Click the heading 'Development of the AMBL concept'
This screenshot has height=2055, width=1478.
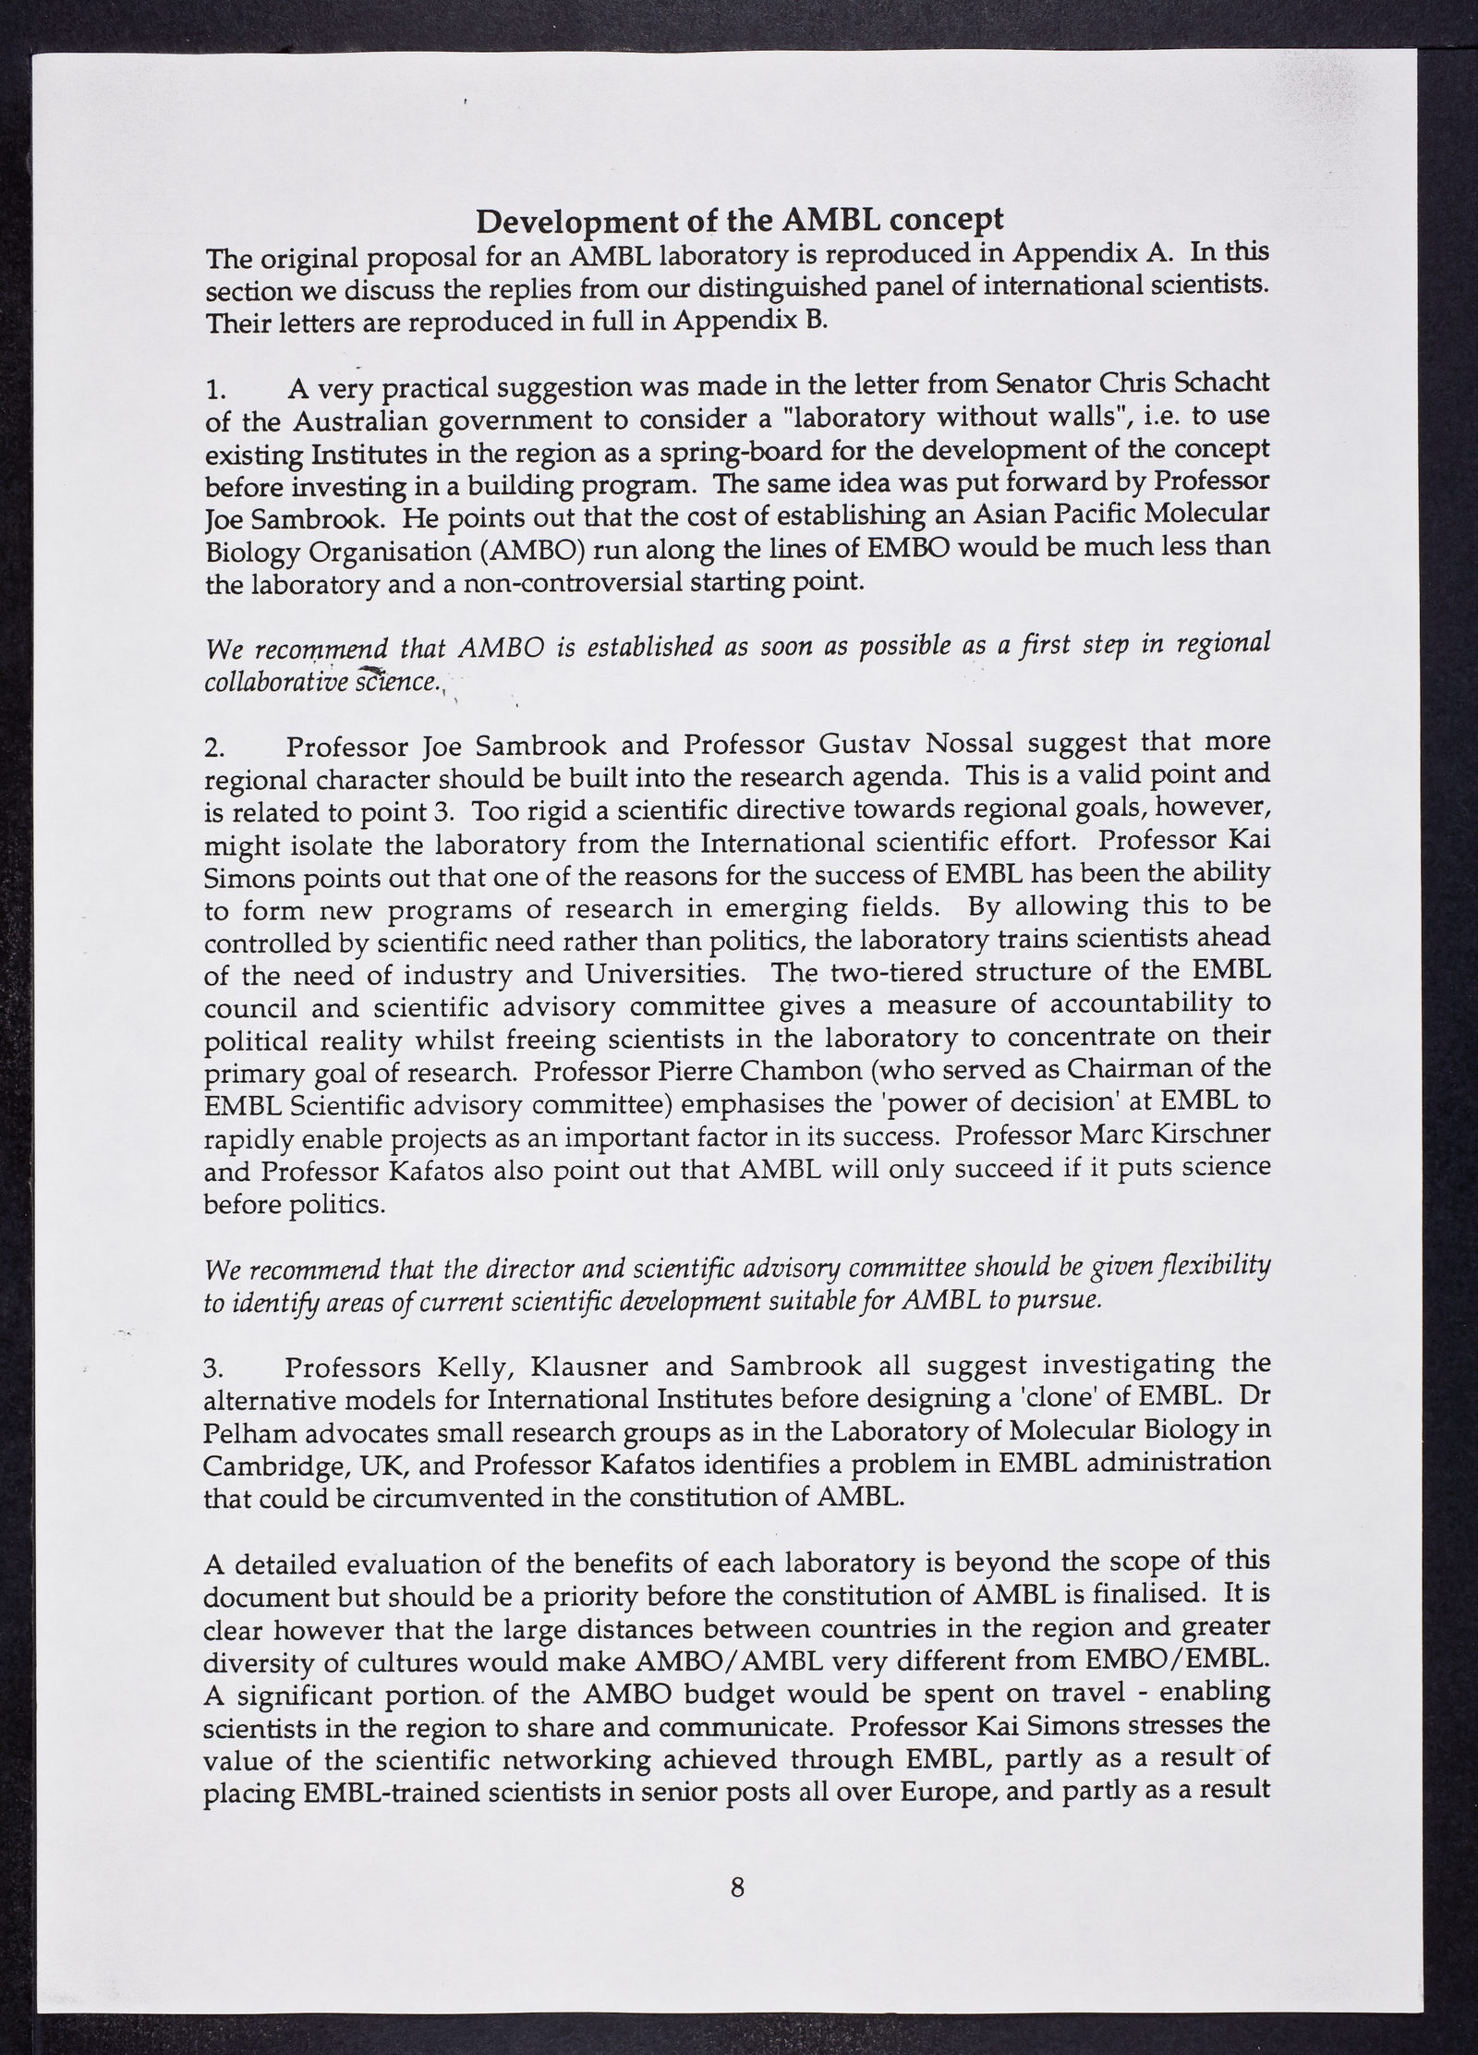(x=739, y=221)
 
